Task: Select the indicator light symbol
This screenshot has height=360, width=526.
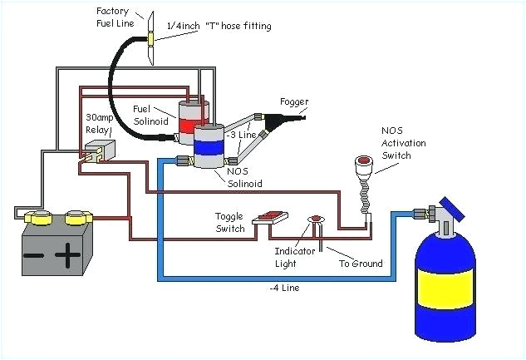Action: click(x=317, y=221)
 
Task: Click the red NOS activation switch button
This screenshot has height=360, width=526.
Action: click(x=362, y=162)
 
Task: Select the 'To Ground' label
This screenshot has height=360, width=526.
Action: click(x=360, y=264)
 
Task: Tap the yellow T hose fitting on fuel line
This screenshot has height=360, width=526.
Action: click(x=152, y=39)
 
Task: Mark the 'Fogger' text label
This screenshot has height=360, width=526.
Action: click(x=293, y=102)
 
